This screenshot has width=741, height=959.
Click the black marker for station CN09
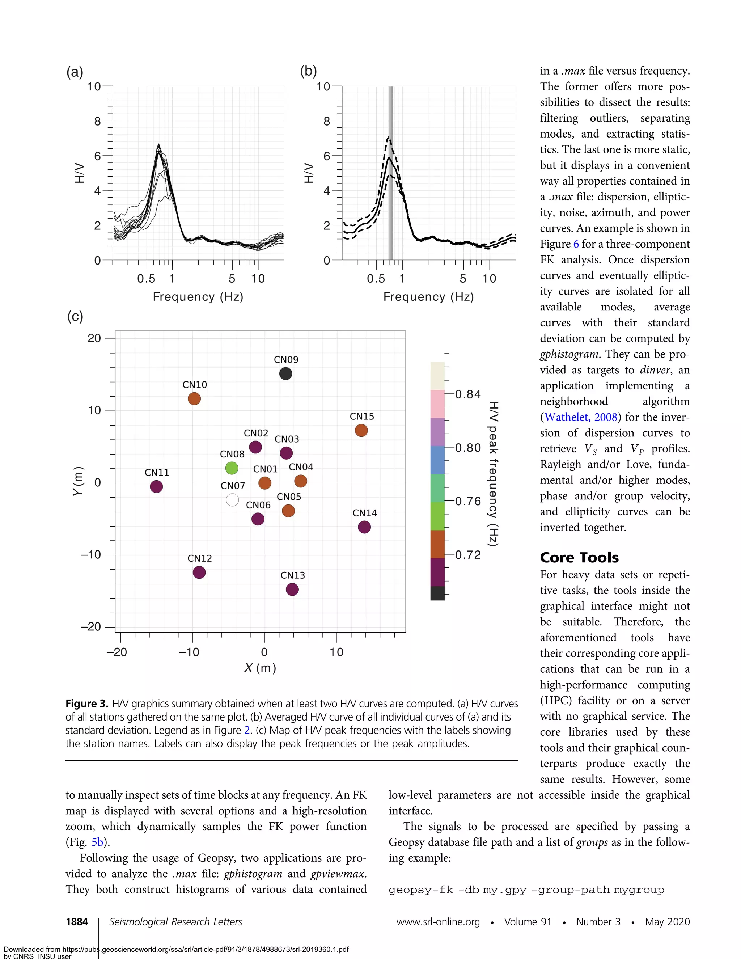tap(285, 374)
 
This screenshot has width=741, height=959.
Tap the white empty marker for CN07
tap(232, 500)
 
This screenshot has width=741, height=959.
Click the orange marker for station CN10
tap(194, 399)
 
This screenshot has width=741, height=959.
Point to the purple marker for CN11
tap(156, 486)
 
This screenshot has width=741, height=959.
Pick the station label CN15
tap(362, 416)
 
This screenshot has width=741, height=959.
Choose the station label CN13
tap(292, 575)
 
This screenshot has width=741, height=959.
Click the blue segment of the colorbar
tap(437, 460)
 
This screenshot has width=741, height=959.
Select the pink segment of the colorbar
tap(437, 404)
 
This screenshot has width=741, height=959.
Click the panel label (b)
tap(308, 71)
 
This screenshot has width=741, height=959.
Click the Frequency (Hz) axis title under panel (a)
tap(198, 297)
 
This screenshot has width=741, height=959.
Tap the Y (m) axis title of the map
tap(78, 481)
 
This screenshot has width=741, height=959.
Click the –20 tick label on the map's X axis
tap(117, 652)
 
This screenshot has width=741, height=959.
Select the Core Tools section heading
tap(579, 557)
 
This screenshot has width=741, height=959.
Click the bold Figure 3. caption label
tap(87, 704)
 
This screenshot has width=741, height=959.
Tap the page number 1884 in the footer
tap(77, 922)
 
